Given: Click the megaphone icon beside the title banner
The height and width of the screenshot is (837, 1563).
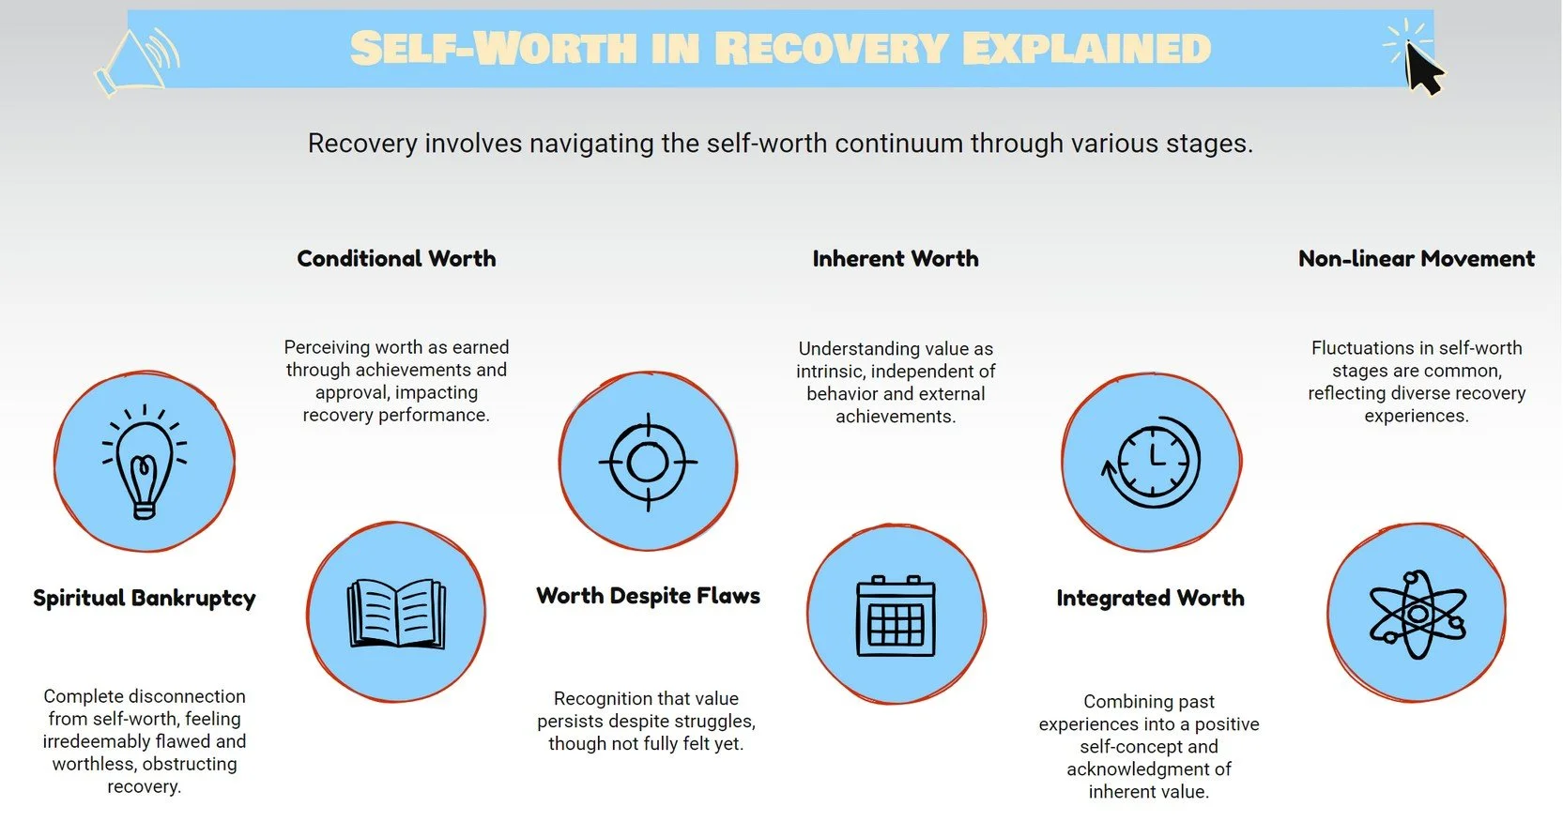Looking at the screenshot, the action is click(139, 59).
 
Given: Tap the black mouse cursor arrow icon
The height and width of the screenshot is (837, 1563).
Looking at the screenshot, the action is click(1423, 69).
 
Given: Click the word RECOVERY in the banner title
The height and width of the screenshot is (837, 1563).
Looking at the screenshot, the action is click(831, 49).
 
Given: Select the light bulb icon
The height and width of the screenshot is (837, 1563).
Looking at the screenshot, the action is click(145, 463).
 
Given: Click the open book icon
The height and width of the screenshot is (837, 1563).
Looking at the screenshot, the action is click(396, 614).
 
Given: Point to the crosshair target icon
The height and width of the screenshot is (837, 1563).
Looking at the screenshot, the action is click(648, 462).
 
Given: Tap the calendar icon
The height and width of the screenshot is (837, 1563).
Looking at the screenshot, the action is click(896, 616).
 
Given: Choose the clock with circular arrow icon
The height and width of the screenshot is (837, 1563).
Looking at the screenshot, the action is click(1151, 462).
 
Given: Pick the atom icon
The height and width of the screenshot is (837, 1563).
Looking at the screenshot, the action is click(1417, 614).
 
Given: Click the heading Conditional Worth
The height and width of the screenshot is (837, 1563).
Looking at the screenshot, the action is click(396, 259).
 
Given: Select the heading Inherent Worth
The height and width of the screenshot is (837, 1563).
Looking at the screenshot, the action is click(896, 259).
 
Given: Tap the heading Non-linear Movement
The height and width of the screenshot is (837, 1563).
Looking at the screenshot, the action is click(1417, 259).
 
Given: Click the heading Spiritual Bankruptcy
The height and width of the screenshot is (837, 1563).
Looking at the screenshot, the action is click(145, 599).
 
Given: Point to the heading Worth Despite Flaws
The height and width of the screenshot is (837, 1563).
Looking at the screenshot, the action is click(648, 596).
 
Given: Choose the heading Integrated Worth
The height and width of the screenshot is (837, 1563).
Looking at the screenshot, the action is click(1150, 599).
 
